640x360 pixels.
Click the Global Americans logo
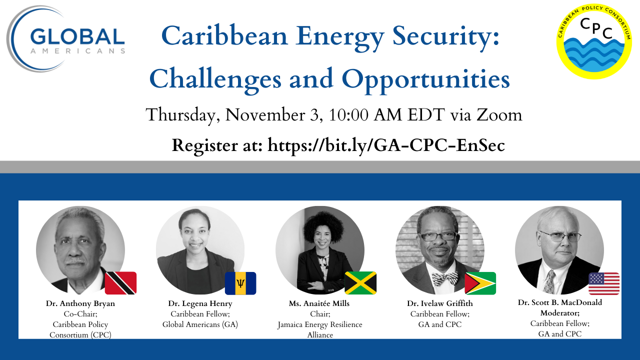[x=66, y=39]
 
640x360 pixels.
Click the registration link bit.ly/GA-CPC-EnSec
[x=386, y=145]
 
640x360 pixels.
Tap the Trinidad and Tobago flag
[x=120, y=283]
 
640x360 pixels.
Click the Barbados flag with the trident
[x=240, y=283]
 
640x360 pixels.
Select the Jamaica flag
[x=360, y=283]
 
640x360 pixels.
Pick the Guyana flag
[x=480, y=283]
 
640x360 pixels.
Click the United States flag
[x=604, y=283]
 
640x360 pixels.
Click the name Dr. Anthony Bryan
[x=80, y=303]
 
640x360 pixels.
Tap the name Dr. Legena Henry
[x=200, y=303]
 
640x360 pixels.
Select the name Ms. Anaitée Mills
[x=319, y=303]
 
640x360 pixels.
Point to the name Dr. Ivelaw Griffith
[x=439, y=303]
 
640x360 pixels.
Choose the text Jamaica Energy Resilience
[x=319, y=324]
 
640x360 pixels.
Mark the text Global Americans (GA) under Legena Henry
[x=200, y=324]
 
